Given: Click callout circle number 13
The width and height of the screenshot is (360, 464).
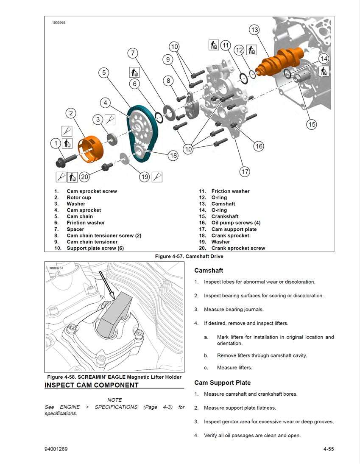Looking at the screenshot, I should pos(254,30).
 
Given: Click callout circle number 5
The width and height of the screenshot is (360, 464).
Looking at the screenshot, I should pos(104,73).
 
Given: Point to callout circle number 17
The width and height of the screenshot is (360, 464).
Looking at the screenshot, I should pos(245,172).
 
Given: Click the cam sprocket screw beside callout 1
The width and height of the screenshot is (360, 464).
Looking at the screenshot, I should pos(65,160).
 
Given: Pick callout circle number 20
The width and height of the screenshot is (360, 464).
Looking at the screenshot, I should pos(84,177).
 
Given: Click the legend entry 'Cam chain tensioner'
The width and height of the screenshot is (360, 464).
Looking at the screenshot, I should pos(92,242).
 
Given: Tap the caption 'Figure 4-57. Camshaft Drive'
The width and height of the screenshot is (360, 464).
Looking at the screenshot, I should pos(189,256).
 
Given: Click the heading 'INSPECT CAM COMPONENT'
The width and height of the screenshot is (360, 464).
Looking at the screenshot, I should pos(92,385).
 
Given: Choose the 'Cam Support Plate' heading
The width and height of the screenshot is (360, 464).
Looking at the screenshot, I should pos(222,383).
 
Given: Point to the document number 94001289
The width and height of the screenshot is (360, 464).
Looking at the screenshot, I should pos(56,449).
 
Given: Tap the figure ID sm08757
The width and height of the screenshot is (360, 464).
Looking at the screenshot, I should pos(56,268).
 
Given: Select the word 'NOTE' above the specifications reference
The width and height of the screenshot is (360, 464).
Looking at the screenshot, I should pos(114,400).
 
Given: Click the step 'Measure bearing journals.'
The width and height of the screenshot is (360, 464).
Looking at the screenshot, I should pos(234,309).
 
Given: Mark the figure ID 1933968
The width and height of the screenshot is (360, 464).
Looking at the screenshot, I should pos(59,22).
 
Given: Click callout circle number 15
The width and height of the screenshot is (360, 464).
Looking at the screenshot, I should pos(312,124).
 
